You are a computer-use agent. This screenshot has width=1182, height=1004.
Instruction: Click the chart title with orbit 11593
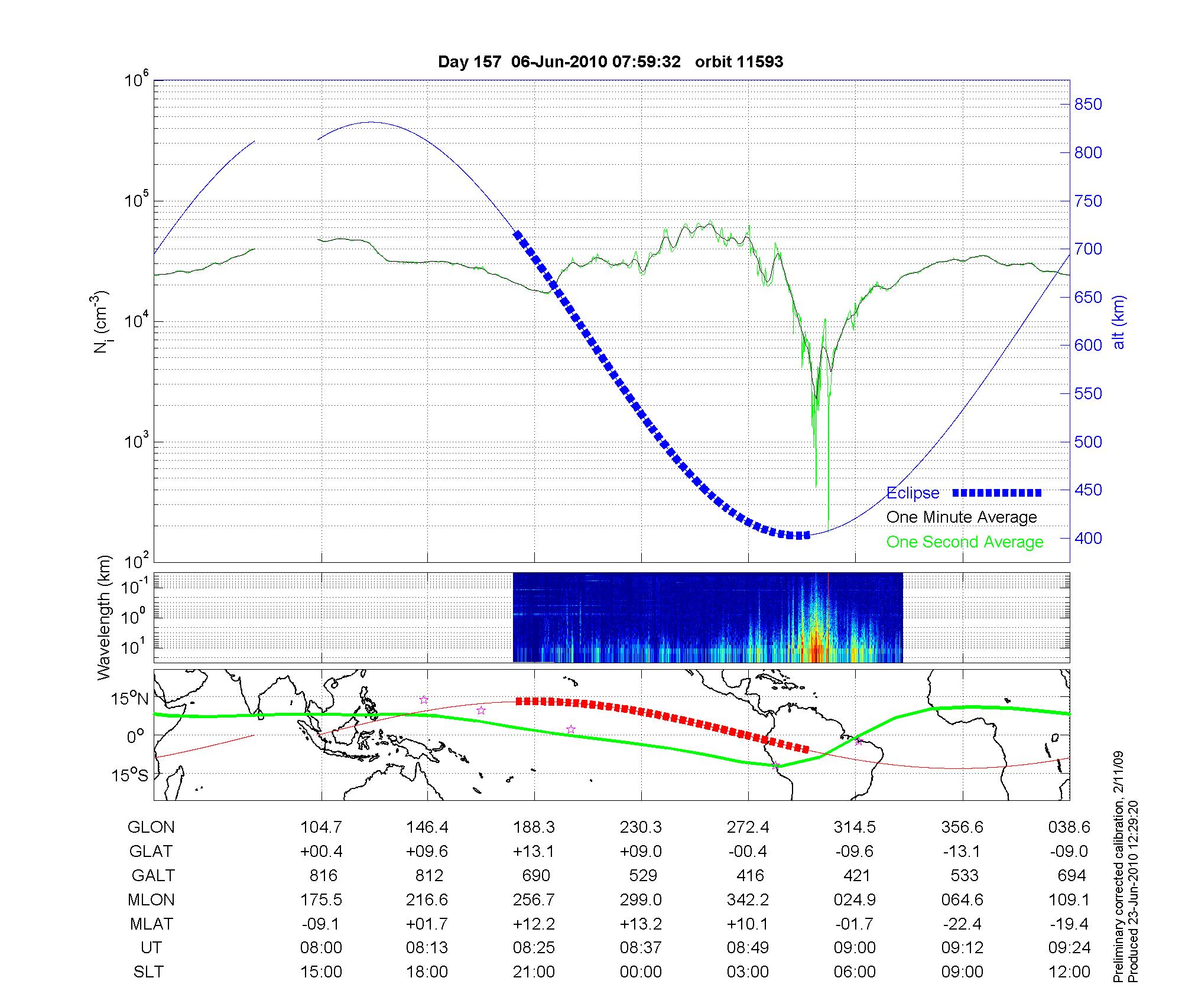point(610,62)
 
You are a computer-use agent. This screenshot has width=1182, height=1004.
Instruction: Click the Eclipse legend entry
point(913,493)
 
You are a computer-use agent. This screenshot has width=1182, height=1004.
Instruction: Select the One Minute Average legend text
point(962,517)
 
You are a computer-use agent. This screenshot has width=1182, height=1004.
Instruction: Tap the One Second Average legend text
point(965,542)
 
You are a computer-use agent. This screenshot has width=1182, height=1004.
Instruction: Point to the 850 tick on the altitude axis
point(1087,105)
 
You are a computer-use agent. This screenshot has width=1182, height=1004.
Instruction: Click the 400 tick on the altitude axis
point(1087,538)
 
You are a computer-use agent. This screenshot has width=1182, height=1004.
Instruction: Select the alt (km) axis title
point(1119,322)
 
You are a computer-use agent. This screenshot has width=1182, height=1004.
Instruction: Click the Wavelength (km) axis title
point(104,617)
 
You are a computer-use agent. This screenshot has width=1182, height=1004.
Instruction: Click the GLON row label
point(151,827)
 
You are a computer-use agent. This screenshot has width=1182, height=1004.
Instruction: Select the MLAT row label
point(151,924)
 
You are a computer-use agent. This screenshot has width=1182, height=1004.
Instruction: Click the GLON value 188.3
point(534,827)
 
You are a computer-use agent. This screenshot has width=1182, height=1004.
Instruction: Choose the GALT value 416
point(750,875)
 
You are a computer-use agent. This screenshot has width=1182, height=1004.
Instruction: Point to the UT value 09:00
point(855,948)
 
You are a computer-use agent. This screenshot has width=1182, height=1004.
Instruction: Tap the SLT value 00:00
point(641,972)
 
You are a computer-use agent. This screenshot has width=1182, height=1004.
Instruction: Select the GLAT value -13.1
point(962,852)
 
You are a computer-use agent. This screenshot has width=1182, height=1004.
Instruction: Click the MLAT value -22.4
point(962,924)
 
